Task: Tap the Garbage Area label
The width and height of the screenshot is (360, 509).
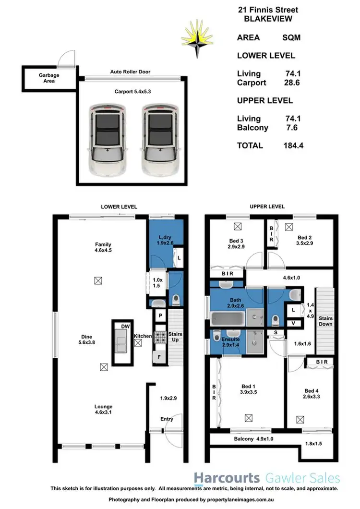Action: pyautogui.click(x=47, y=78)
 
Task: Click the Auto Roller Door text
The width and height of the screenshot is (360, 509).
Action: pyautogui.click(x=131, y=72)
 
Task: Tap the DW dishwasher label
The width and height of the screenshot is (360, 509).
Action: pyautogui.click(x=126, y=327)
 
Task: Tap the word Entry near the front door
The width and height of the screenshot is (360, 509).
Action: pyautogui.click(x=167, y=419)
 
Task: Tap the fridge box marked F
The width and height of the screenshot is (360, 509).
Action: pyautogui.click(x=159, y=357)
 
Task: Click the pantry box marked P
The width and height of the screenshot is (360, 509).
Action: pyautogui.click(x=160, y=316)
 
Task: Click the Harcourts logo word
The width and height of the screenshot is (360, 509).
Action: pyautogui.click(x=226, y=478)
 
